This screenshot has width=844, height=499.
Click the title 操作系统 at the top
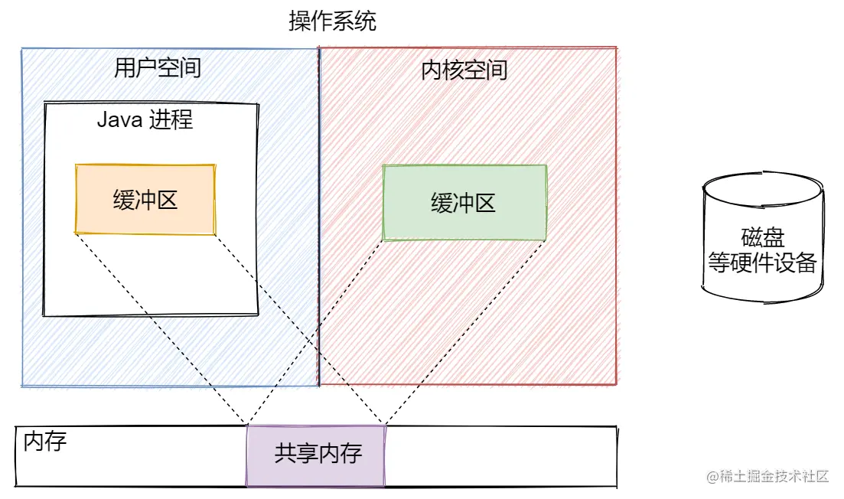[332, 21]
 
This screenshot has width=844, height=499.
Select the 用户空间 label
[158, 68]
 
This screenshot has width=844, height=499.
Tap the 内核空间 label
[464, 70]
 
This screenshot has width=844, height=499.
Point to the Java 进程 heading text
[145, 119]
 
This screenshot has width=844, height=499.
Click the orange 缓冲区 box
[145, 200]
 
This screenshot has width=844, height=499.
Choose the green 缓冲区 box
[464, 202]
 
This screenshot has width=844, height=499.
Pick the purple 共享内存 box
[316, 455]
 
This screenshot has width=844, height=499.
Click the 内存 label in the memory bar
[44, 442]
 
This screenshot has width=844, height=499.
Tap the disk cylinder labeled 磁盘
[763, 236]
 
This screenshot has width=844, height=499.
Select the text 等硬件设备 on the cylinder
[762, 263]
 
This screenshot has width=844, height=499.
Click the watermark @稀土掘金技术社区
[767, 476]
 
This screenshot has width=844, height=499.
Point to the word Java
[119, 119]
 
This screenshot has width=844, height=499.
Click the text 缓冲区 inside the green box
[463, 204]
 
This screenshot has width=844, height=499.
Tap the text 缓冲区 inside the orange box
[145, 201]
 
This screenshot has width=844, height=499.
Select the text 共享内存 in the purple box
[318, 453]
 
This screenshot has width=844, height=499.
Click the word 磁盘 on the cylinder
[763, 237]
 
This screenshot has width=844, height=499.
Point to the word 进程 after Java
[171, 119]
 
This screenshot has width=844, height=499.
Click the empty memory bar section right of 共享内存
[501, 456]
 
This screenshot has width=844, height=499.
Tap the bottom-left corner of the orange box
[75, 233]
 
